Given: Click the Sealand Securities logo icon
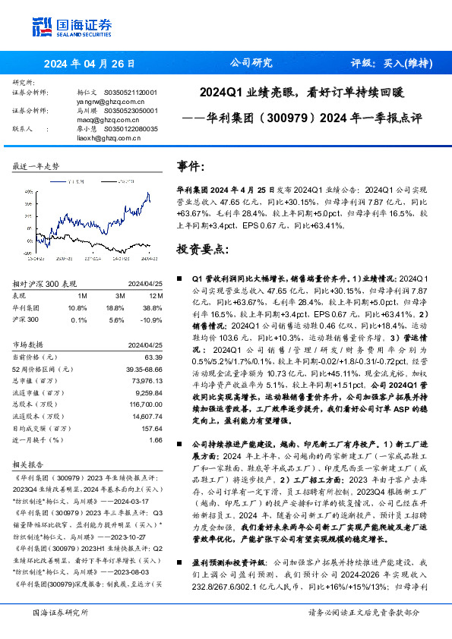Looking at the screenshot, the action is tap(43, 27).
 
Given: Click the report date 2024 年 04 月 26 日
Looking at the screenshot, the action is tap(90, 63).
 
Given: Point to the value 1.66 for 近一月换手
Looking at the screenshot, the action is tap(156, 439).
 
